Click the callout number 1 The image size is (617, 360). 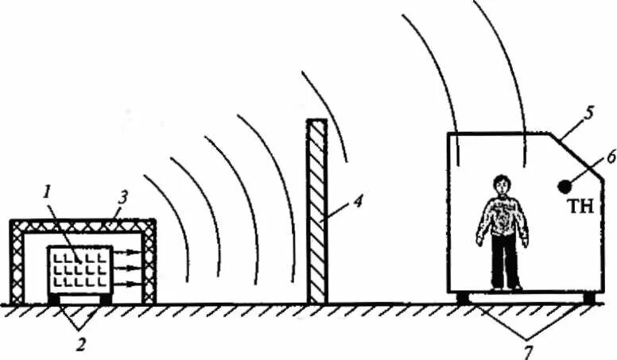click(47, 192)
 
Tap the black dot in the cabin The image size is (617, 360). click(564, 186)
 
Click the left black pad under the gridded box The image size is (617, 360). click(54, 299)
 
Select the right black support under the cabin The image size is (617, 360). click(588, 298)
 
